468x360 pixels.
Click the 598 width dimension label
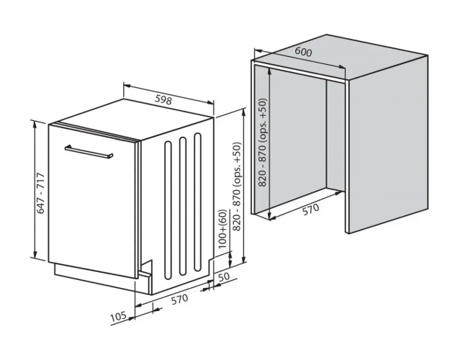point(164,99)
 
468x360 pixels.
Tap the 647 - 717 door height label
point(40,193)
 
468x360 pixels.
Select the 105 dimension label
point(119,317)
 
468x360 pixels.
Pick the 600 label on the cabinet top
point(303,52)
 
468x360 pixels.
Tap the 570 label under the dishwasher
point(180,300)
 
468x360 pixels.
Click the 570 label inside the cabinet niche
point(310,210)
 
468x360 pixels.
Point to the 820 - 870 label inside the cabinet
point(263,143)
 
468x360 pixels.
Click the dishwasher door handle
point(89,152)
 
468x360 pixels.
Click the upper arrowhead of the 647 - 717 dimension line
point(35,124)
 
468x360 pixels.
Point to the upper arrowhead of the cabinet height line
point(270,71)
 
